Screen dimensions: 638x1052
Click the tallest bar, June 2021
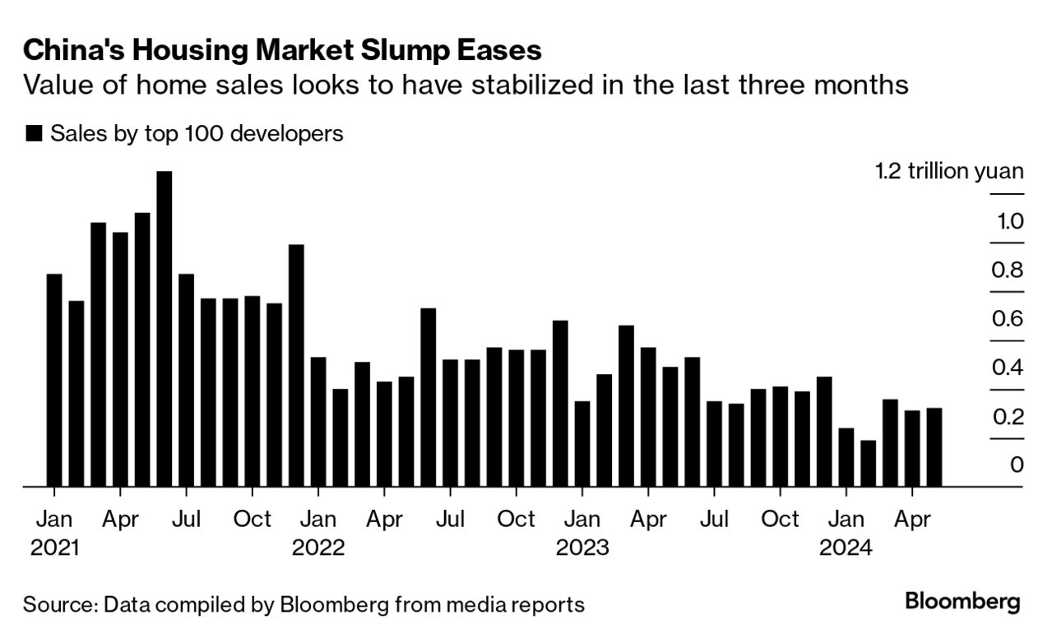pos(165,329)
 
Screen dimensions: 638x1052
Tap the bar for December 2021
pos(296,366)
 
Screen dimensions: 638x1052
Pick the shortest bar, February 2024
pos(868,464)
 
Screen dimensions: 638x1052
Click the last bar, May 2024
pos(934,447)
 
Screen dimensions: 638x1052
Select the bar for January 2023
pos(582,444)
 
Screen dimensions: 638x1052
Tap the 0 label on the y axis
pos(1017,465)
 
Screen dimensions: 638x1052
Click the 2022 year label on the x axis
pos(318,548)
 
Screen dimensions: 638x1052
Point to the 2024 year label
pos(846,548)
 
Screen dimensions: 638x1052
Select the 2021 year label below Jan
pos(54,548)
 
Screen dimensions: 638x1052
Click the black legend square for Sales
pos(34,134)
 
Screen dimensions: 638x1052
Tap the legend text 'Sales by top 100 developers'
pos(197,133)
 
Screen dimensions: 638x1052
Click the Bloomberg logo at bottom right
pos(962,601)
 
